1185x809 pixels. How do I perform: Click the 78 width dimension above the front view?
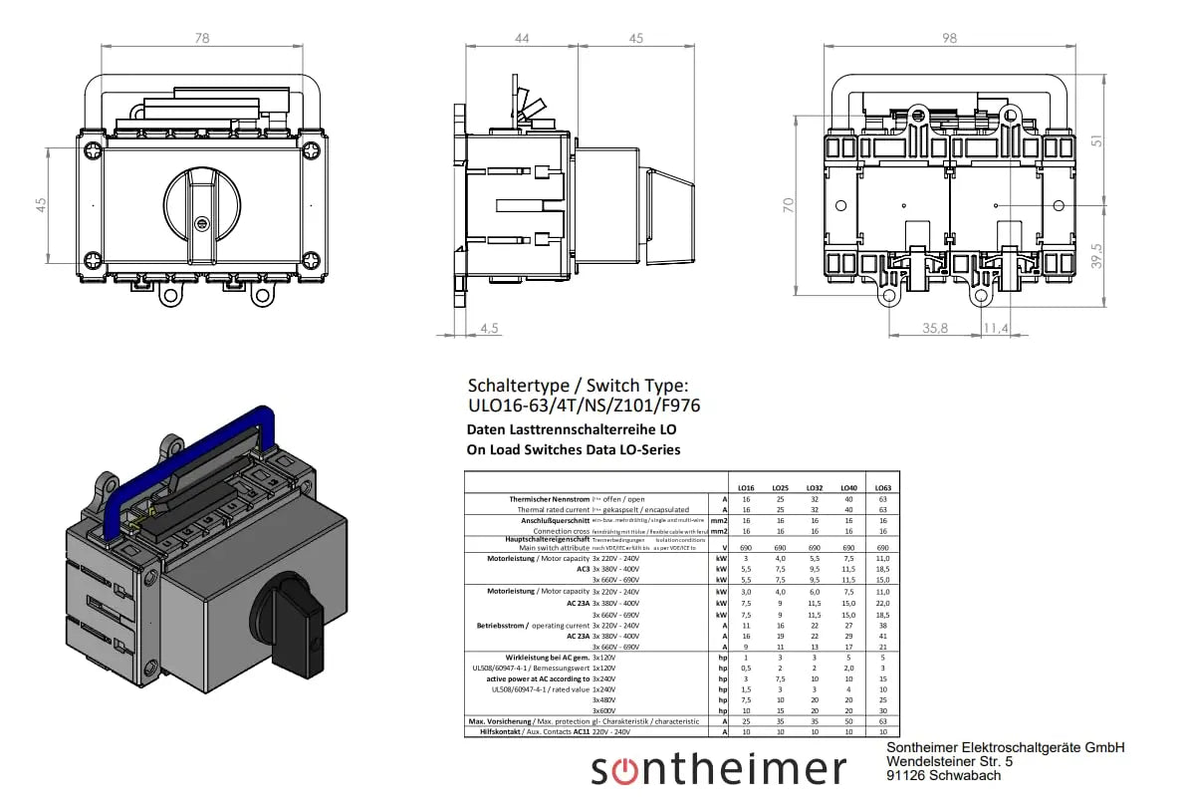(202, 38)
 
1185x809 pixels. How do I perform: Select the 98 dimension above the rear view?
(948, 38)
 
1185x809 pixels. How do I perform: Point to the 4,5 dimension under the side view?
(490, 328)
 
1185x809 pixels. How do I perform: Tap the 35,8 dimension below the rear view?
(934, 327)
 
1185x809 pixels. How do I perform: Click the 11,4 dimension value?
(995, 327)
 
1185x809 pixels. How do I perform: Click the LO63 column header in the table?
(882, 487)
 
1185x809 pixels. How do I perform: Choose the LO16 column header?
(745, 487)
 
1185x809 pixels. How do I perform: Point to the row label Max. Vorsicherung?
(502, 721)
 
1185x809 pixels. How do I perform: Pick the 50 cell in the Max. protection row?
(848, 721)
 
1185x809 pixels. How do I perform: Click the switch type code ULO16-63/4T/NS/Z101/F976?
(584, 406)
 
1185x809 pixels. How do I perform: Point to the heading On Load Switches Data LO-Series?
(574, 449)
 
